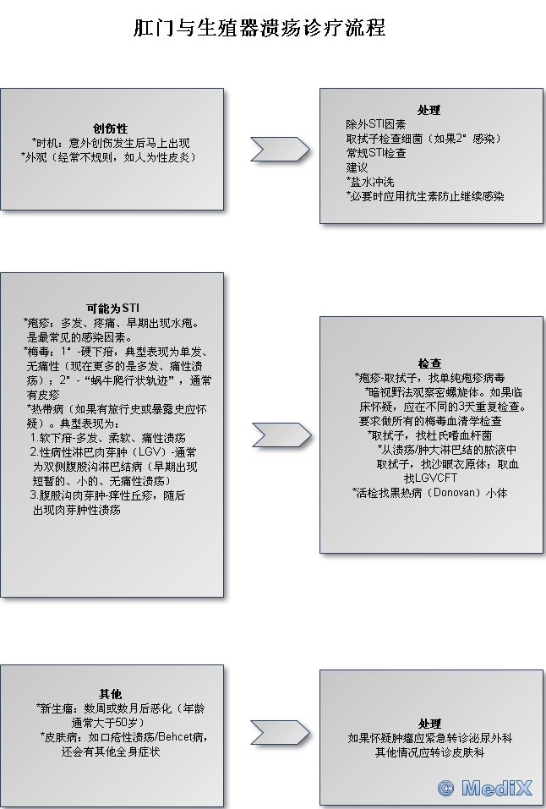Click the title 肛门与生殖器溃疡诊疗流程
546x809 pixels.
point(259,28)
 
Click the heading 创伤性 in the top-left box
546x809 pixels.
point(111,128)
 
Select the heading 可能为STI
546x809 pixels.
point(111,307)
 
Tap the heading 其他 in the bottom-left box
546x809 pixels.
point(111,694)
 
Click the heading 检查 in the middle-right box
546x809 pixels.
point(429,364)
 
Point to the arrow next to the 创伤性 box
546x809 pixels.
point(279,149)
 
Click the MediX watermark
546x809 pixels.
point(485,788)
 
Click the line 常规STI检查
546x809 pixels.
point(376,153)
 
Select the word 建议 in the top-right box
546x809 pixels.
point(357,167)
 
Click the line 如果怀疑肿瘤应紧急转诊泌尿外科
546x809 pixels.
point(429,737)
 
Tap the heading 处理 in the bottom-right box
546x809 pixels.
point(429,724)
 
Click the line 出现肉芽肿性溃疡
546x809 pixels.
point(77,510)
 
